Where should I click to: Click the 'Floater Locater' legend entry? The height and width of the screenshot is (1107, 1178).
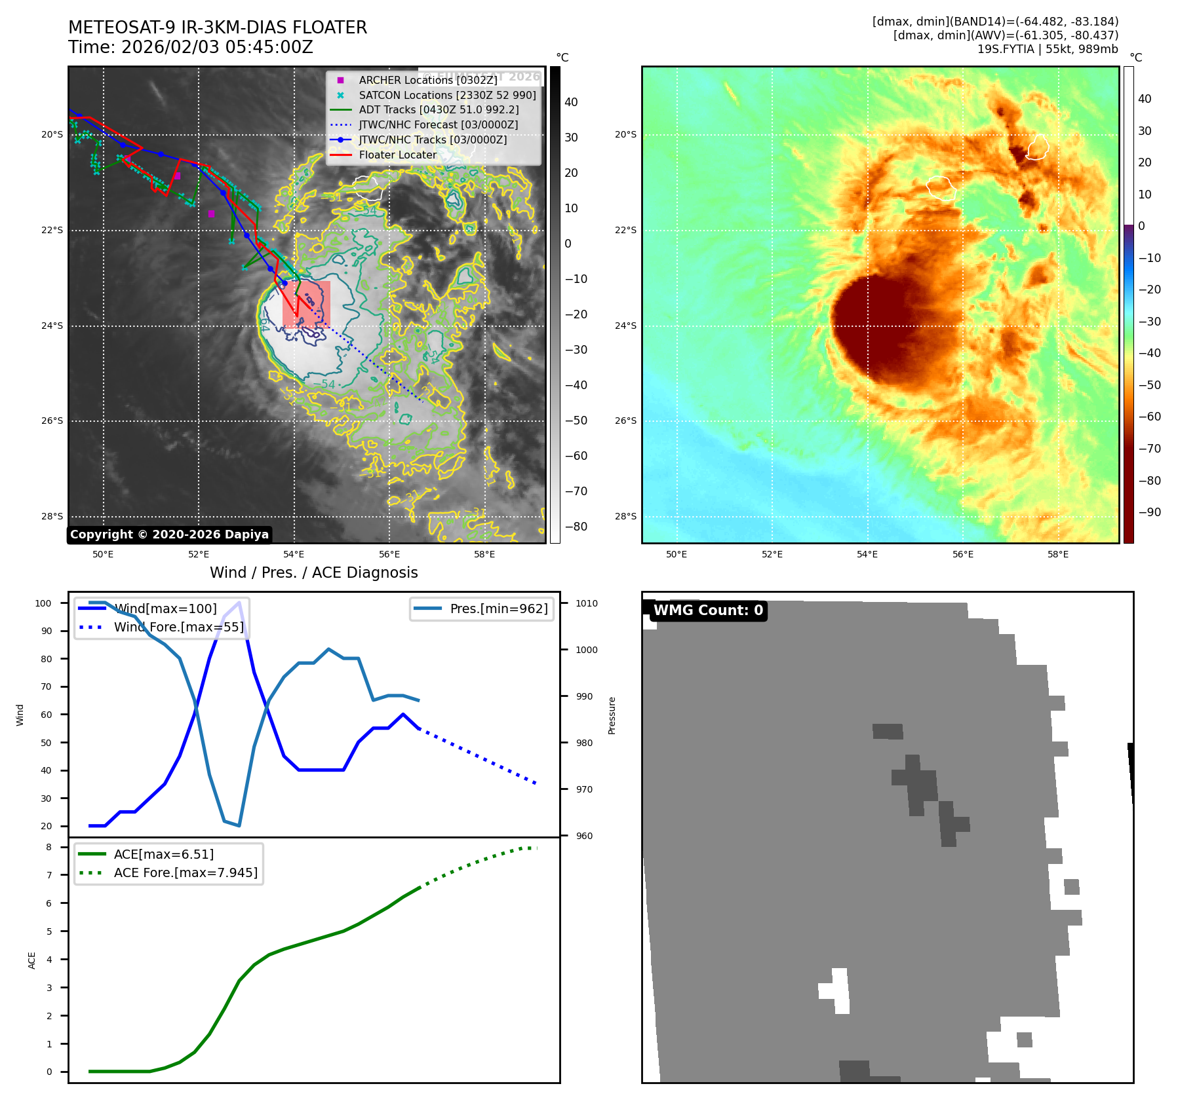397,155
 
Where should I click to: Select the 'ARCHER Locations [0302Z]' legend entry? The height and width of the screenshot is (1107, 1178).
427,80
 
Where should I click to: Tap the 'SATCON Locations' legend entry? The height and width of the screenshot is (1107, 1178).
447,95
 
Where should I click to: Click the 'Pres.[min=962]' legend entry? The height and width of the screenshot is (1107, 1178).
498,609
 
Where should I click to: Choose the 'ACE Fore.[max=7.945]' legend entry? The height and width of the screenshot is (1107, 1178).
186,872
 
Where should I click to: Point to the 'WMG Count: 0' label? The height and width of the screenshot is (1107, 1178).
708,610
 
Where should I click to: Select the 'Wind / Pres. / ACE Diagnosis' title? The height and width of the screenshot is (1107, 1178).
313,572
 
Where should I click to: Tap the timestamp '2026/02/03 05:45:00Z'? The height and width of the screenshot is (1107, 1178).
217,47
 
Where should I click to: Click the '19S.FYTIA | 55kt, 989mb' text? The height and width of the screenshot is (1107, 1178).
1047,49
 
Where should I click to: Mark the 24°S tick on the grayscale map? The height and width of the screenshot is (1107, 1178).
52,326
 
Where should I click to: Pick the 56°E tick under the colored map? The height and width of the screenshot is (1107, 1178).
962,554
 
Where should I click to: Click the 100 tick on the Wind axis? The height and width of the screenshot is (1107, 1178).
43,603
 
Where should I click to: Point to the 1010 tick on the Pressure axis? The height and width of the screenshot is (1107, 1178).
587,603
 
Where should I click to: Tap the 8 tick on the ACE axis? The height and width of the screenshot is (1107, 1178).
49,847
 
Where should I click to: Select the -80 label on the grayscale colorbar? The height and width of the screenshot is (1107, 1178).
576,527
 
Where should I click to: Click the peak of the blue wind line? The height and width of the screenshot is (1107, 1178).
239,602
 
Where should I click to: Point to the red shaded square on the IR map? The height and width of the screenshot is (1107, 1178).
306,304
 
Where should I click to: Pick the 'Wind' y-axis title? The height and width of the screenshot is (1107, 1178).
20,715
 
